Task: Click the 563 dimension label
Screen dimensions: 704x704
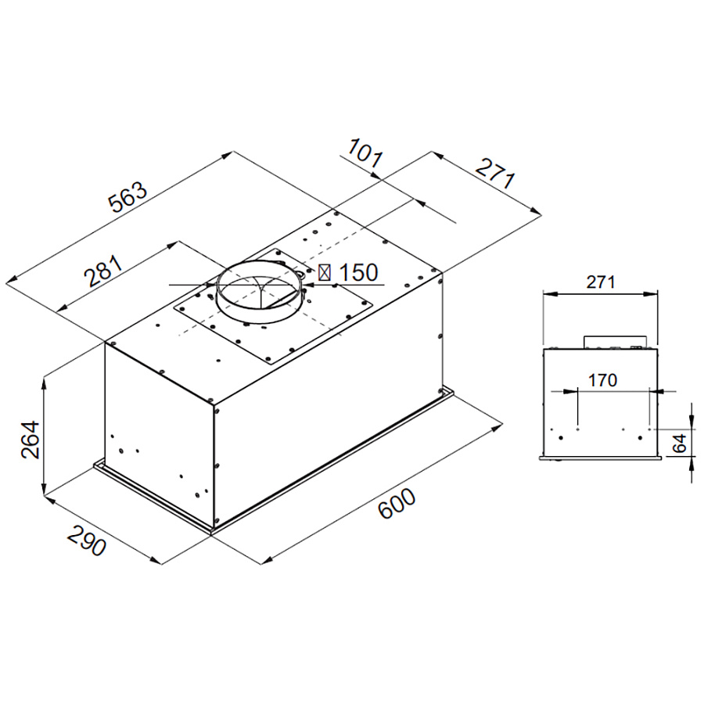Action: (128, 196)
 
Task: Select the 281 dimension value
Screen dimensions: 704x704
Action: (104, 271)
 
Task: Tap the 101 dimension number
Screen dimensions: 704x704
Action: (365, 153)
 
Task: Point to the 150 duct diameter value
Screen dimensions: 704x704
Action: (358, 272)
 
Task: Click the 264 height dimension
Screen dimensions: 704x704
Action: (31, 440)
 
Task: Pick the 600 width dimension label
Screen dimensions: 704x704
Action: (397, 504)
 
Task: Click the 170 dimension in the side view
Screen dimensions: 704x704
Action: (602, 380)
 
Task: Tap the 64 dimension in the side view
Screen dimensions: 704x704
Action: (680, 444)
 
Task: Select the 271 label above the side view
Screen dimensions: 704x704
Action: (600, 282)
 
